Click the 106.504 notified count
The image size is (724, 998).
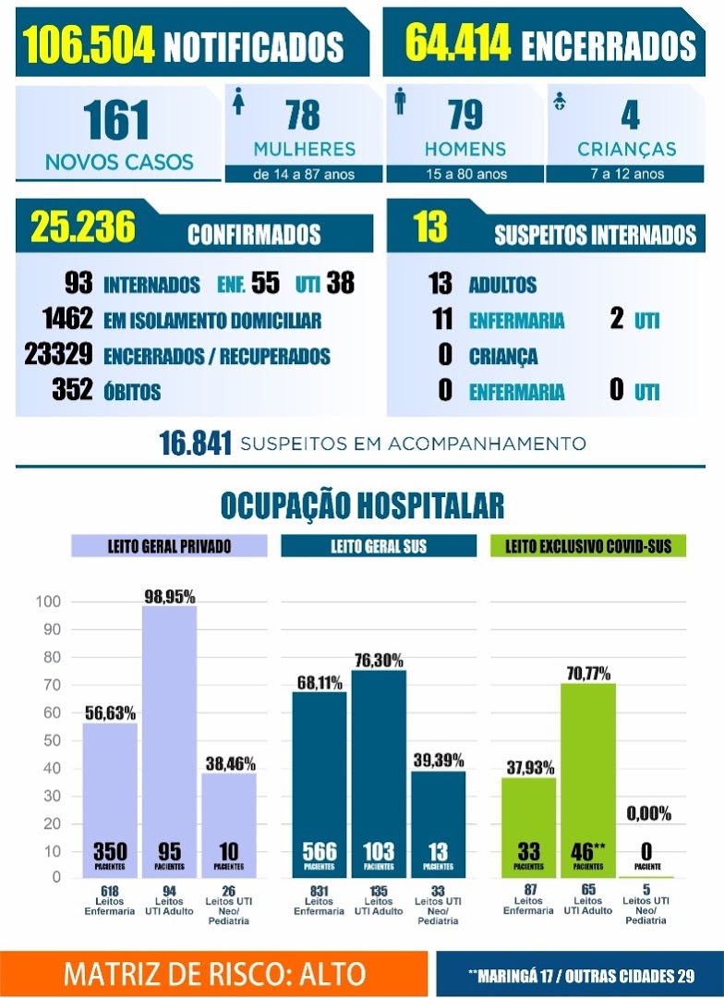[89, 45]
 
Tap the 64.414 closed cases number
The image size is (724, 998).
[457, 43]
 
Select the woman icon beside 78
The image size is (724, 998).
[238, 101]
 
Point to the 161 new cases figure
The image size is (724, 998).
[115, 120]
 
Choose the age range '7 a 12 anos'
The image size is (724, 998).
[627, 174]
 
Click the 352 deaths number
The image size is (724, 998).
[72, 390]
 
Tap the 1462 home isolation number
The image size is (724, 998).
[68, 318]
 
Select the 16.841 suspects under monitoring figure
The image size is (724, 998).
[195, 443]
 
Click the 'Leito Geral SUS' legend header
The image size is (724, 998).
[379, 546]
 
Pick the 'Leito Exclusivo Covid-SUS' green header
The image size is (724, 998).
[588, 546]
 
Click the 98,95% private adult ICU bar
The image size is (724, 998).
[169, 741]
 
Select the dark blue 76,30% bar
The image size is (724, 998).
[379, 774]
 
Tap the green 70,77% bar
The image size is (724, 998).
[588, 780]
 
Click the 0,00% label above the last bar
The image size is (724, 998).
[648, 813]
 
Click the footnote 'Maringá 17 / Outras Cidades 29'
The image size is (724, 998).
[581, 976]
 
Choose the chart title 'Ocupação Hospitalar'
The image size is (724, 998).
[362, 505]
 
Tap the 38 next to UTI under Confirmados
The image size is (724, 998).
[341, 284]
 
